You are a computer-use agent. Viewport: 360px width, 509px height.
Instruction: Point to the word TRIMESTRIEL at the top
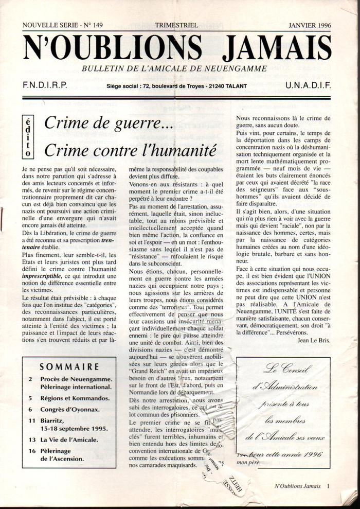(x=178, y=24)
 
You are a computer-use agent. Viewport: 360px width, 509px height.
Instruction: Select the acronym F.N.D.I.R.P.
(x=45, y=86)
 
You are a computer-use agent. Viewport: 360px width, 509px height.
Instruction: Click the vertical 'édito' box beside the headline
(x=28, y=136)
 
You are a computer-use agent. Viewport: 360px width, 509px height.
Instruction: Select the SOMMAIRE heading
(x=69, y=367)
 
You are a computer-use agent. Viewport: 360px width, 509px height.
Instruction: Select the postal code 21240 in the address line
(x=213, y=86)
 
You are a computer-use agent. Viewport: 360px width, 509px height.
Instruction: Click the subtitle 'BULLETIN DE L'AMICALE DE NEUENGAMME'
(x=174, y=68)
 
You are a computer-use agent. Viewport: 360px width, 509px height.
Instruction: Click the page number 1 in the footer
(x=328, y=485)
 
